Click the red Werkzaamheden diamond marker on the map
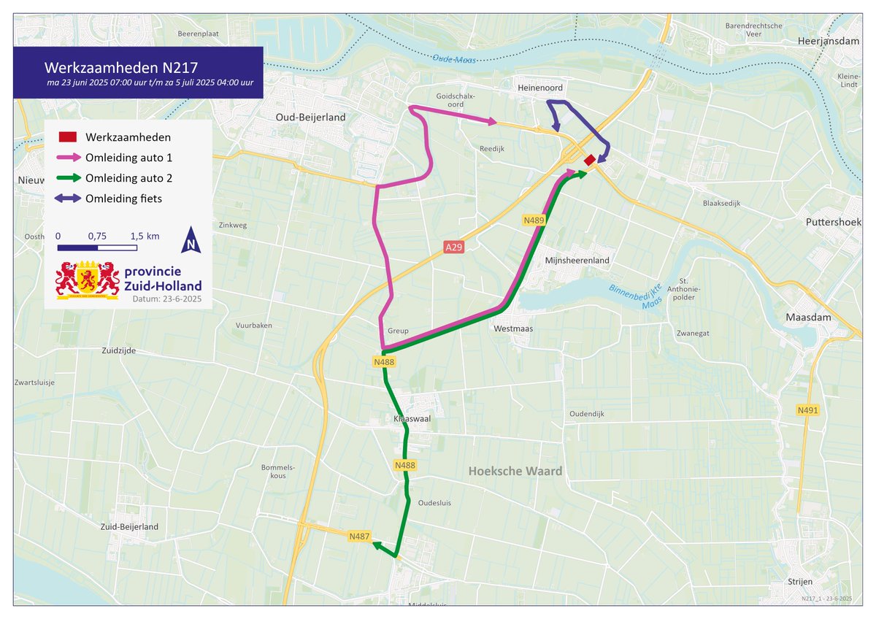[x=589, y=160]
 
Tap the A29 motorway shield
[x=453, y=248]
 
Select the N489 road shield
[x=533, y=220]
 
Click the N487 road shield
[x=358, y=537]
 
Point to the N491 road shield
[x=807, y=411]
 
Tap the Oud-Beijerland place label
[x=310, y=117]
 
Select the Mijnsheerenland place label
[x=577, y=261]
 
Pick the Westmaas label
[x=513, y=328]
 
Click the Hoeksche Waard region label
[x=515, y=471]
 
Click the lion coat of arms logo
[x=88, y=280]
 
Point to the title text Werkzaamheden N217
[x=120, y=68]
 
